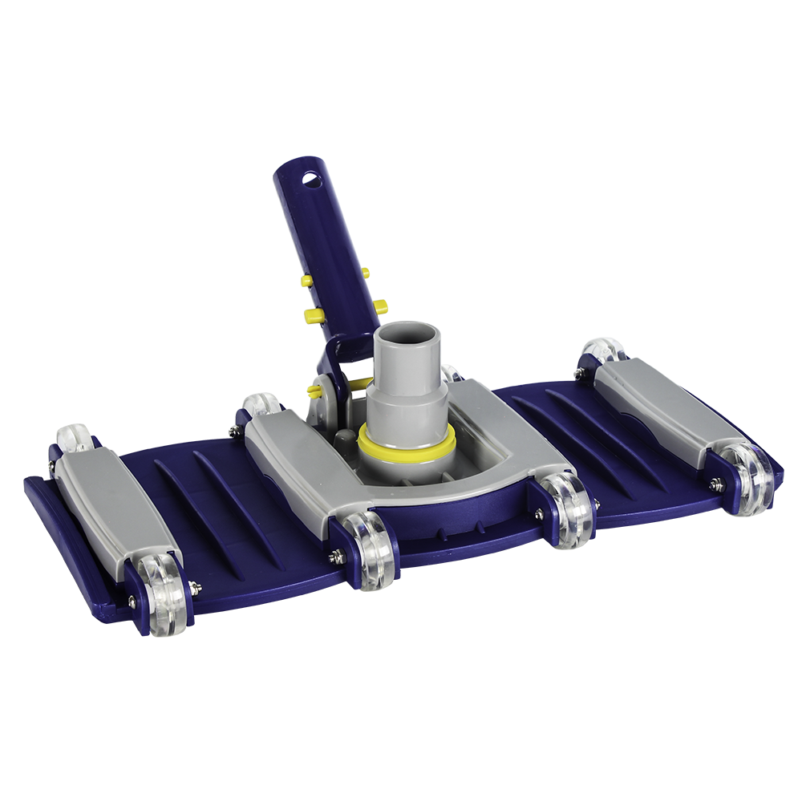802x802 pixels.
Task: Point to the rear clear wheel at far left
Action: click(x=76, y=438)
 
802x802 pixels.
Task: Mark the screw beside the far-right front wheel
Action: click(x=715, y=484)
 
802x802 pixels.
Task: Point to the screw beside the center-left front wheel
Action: click(x=338, y=555)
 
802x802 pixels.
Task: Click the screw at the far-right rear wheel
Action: click(x=579, y=373)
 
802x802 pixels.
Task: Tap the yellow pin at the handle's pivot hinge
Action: click(x=314, y=391)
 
